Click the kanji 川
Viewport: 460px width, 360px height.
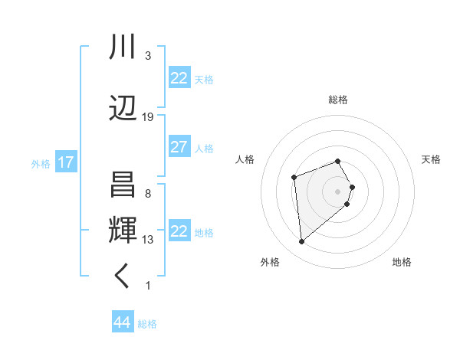123,47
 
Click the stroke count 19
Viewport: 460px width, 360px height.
148,117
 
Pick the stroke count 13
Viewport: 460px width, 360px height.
148,240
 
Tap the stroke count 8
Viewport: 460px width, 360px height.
148,194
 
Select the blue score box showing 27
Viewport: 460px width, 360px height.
179,148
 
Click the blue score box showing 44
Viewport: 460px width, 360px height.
123,322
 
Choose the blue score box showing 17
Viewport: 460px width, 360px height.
65,163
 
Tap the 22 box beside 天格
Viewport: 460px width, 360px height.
179,79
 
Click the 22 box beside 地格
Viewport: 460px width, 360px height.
179,232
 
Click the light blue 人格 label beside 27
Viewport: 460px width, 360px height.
204,149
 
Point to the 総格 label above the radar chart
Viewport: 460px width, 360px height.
338,100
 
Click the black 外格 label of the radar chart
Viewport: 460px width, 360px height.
270,263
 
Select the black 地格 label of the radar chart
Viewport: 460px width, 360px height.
402,263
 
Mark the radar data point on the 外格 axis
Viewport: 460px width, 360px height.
302,242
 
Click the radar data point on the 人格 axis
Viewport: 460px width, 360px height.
294,178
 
